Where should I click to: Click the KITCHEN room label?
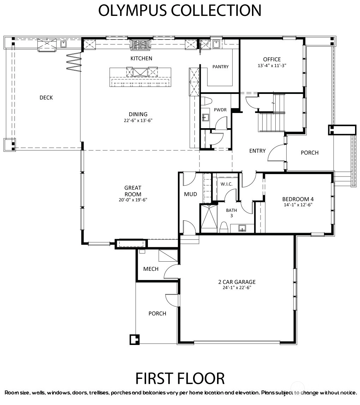pyautogui.click(x=141, y=58)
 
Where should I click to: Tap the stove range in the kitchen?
pyautogui.click(x=140, y=45)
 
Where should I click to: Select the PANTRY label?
pyautogui.click(x=220, y=67)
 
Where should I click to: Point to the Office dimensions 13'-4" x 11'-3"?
pyautogui.click(x=272, y=66)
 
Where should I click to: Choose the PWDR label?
pyautogui.click(x=220, y=110)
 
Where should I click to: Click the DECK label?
pyautogui.click(x=46, y=98)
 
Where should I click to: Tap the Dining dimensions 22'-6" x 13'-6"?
pyautogui.click(x=138, y=120)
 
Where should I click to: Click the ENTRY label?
pyautogui.click(x=257, y=151)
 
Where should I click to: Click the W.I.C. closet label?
pyautogui.click(x=227, y=184)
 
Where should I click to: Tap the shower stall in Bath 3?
pyautogui.click(x=209, y=219)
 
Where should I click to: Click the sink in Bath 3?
pyautogui.click(x=242, y=228)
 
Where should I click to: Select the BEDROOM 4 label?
pyautogui.click(x=298, y=199)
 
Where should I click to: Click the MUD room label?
pyautogui.click(x=190, y=194)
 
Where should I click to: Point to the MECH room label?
pyautogui.click(x=151, y=269)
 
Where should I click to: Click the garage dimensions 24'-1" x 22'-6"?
pyautogui.click(x=237, y=288)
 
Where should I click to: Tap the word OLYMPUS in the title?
pyautogui.click(x=132, y=11)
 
